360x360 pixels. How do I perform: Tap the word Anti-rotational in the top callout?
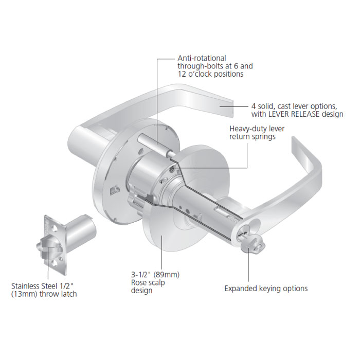point(201,58)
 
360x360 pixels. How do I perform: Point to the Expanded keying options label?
point(265,289)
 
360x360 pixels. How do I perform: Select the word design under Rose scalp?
point(142,291)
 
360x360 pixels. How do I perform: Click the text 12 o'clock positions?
point(210,74)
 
